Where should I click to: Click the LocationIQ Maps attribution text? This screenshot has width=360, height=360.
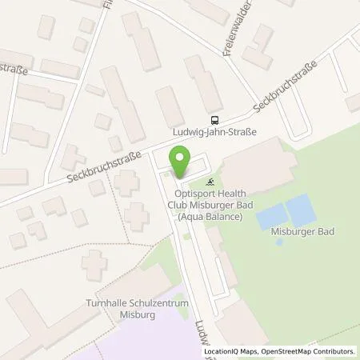click(x=231, y=351)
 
